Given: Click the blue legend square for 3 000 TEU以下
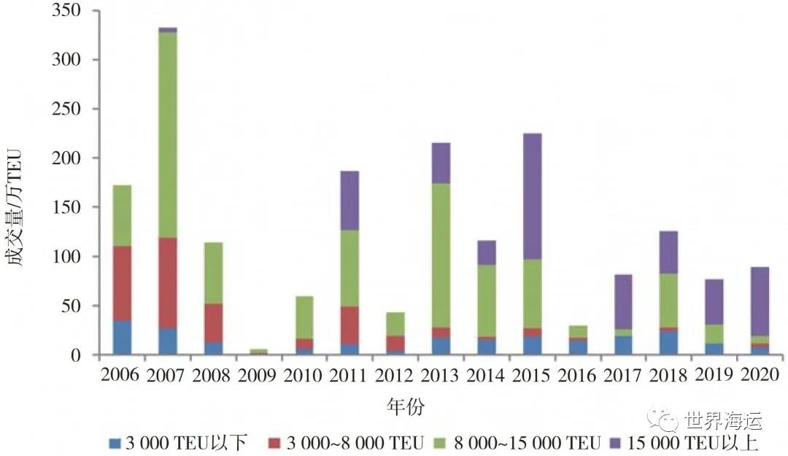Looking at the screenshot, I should click(x=114, y=443).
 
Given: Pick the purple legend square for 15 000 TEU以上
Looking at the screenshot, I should click(x=616, y=443).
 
